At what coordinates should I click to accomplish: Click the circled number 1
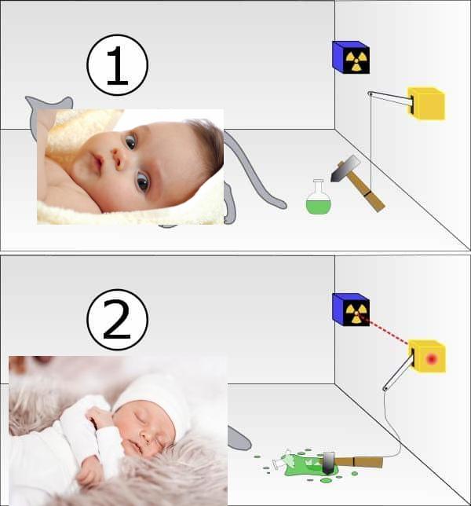[x=117, y=65]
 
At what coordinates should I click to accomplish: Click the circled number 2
[x=117, y=320]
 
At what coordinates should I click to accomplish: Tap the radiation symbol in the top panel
[x=356, y=60]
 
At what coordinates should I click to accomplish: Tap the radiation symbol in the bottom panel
[x=356, y=313]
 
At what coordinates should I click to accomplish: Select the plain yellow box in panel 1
[x=427, y=103]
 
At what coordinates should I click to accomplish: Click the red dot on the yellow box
[x=431, y=358]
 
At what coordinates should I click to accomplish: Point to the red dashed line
[x=385, y=331]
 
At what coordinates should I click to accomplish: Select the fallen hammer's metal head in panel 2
[x=329, y=463]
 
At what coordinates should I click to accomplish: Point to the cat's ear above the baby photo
[x=65, y=103]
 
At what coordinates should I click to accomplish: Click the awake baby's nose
[x=118, y=159]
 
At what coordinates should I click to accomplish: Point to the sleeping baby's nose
[x=146, y=438]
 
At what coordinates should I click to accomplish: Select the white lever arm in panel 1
[x=391, y=98]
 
